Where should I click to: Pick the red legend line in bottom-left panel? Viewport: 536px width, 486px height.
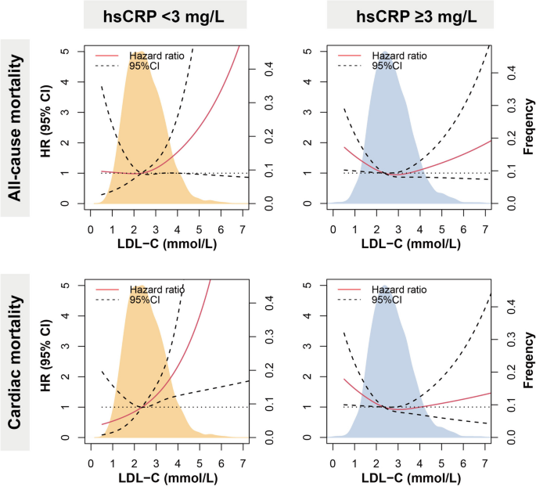(110, 290)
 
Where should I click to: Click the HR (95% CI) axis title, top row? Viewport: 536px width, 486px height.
(52, 128)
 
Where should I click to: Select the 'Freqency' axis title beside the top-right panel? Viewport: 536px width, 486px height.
(530, 128)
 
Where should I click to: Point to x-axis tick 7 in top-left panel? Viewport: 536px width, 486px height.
(242, 221)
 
